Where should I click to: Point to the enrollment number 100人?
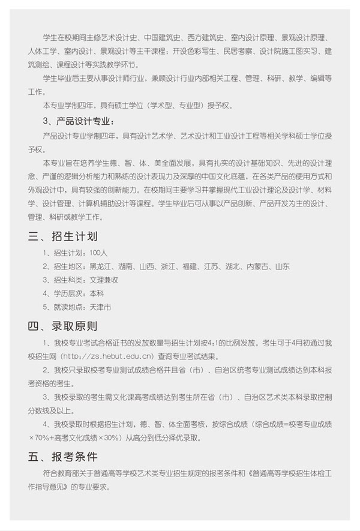click(x=97, y=253)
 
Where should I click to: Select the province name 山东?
click(x=281, y=266)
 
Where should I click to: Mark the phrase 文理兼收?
click(x=103, y=280)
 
